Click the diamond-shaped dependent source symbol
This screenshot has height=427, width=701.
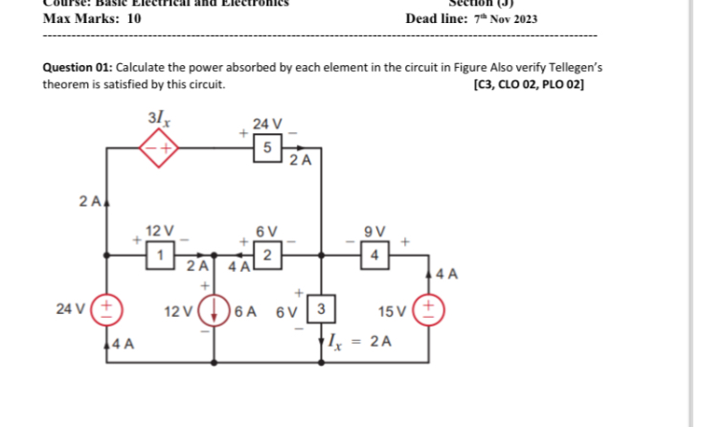point(161,148)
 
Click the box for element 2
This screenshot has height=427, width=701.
point(268,255)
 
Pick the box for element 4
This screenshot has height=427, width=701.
point(374,255)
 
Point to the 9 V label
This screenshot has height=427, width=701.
point(374,230)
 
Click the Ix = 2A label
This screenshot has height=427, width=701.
point(359,340)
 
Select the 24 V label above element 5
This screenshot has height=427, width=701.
point(268,123)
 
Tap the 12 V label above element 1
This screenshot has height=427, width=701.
point(162,230)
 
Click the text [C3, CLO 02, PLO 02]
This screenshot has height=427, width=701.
point(529,84)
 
